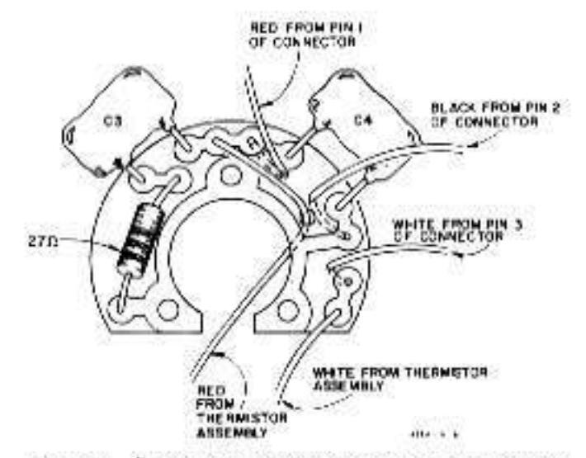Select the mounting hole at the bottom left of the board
tap(168, 310)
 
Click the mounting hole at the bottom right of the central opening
tap(286, 309)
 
